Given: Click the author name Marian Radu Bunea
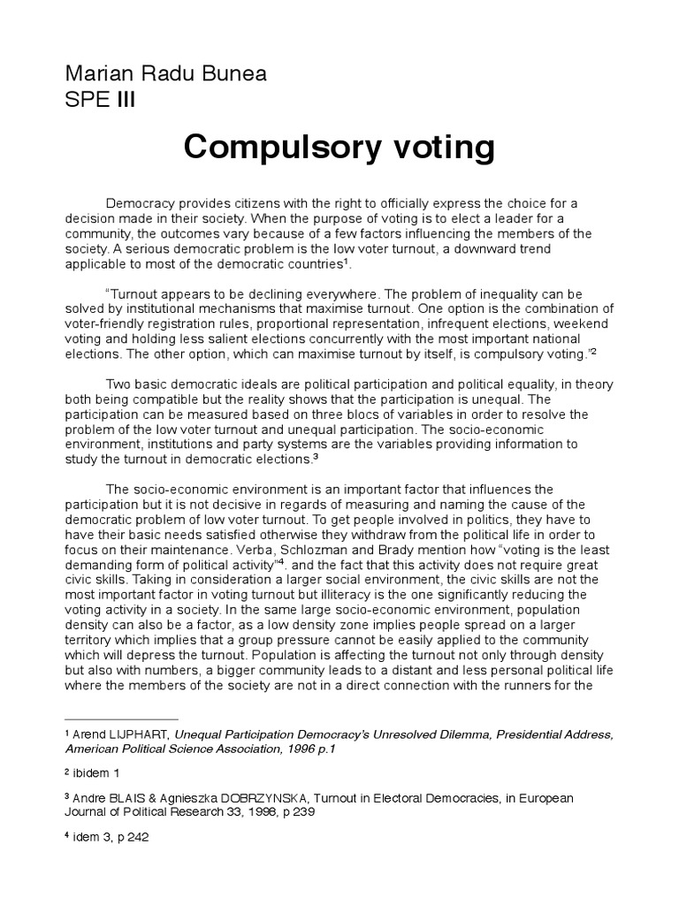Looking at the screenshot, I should [x=166, y=74].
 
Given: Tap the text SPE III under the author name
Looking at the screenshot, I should [x=101, y=98].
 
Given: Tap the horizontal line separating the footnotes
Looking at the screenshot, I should [x=121, y=719].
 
